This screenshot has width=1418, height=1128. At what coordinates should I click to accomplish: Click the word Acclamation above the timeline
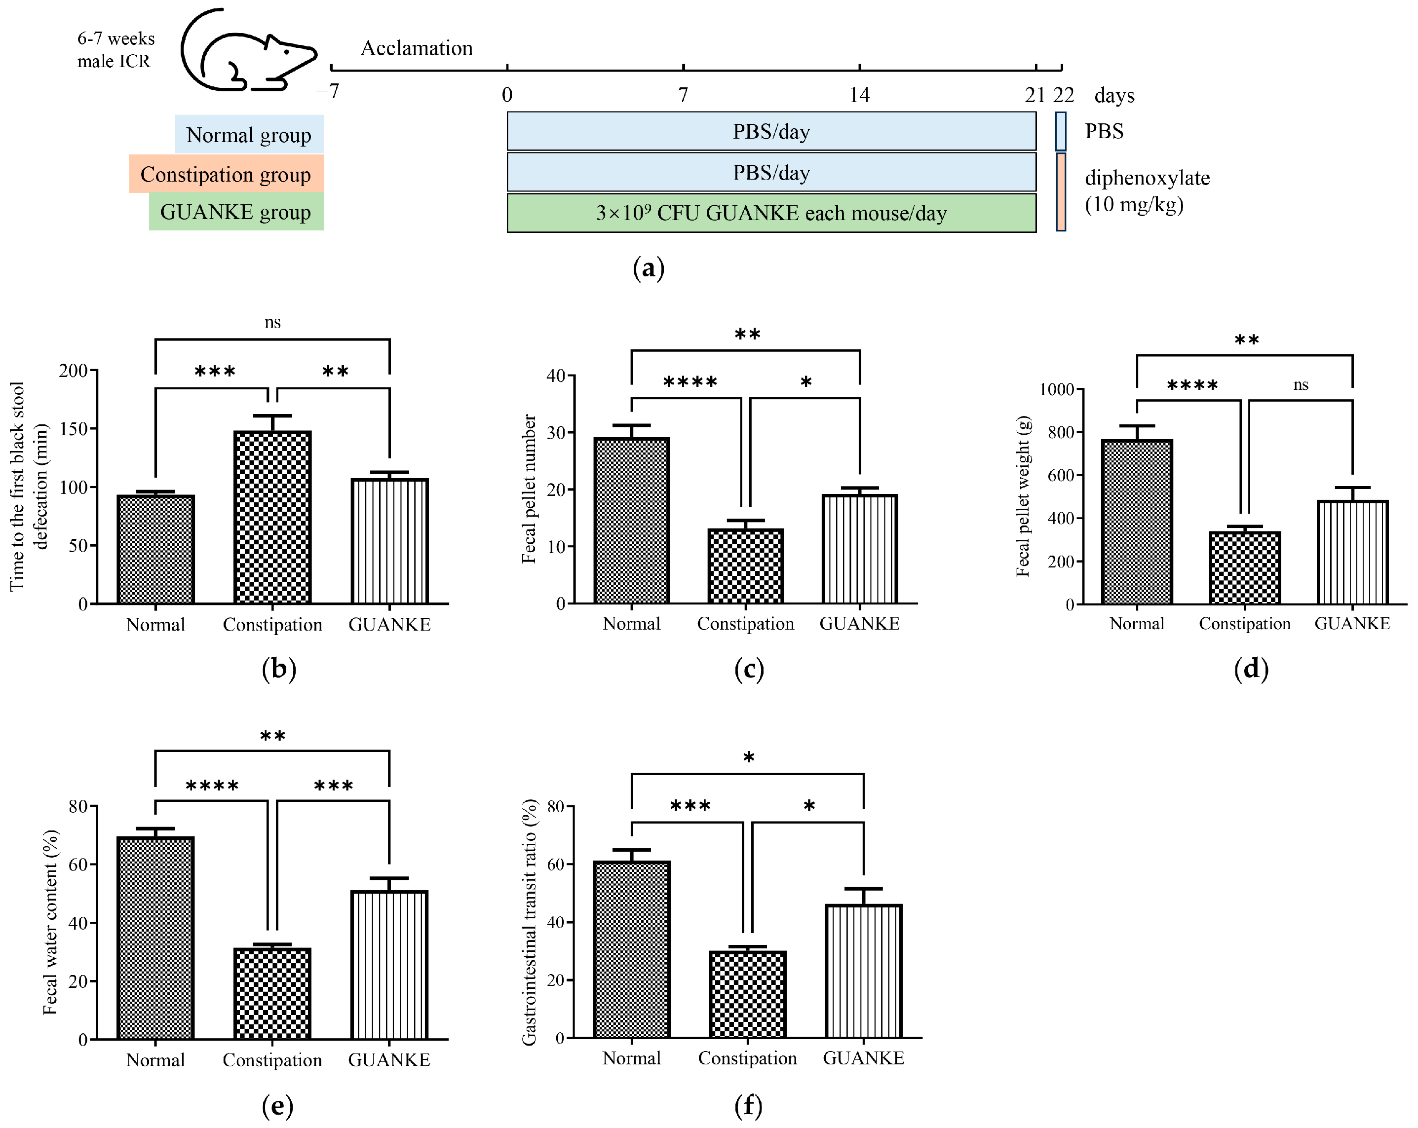click(417, 48)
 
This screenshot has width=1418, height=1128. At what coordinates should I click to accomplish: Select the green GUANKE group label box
click(236, 212)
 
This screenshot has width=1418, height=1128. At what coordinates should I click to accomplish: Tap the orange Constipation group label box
click(226, 174)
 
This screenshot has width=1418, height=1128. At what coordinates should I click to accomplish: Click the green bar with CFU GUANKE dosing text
click(771, 213)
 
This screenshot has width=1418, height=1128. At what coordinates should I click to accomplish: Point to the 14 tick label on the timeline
click(859, 95)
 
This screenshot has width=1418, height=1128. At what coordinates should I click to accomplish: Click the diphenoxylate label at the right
click(1147, 178)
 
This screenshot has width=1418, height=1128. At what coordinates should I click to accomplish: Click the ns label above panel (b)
click(272, 322)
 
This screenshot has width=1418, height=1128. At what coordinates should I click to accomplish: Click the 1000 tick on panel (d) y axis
click(1056, 389)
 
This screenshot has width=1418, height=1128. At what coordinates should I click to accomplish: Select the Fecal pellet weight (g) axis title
click(1023, 496)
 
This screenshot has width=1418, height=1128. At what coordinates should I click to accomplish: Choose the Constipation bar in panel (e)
click(272, 993)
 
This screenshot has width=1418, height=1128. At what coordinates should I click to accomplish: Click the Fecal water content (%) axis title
click(51, 922)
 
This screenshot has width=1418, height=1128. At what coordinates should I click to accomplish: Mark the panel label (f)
click(748, 1106)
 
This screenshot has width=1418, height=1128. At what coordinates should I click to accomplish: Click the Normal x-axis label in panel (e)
click(155, 1059)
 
